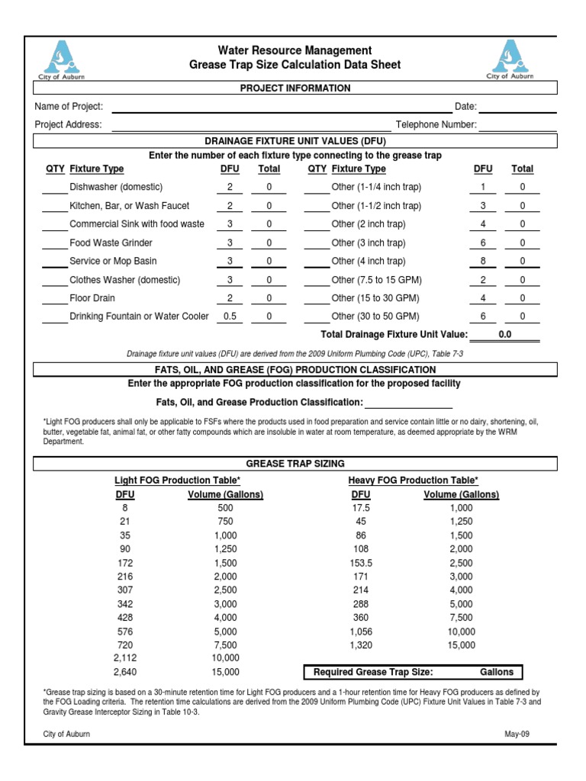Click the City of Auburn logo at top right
[x=510, y=59]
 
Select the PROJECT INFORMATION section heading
[x=295, y=88]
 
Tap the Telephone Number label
[x=436, y=125]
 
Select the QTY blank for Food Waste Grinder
[x=54, y=243]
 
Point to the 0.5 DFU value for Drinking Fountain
[x=229, y=317]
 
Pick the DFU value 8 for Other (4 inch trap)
[x=482, y=262]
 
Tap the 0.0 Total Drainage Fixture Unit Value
[x=504, y=334]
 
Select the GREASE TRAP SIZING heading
[x=295, y=463]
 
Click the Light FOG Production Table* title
[x=177, y=480]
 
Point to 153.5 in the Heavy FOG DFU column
[x=361, y=563]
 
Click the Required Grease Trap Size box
[x=414, y=672]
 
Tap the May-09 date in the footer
[x=515, y=734]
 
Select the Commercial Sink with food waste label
[x=137, y=224]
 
